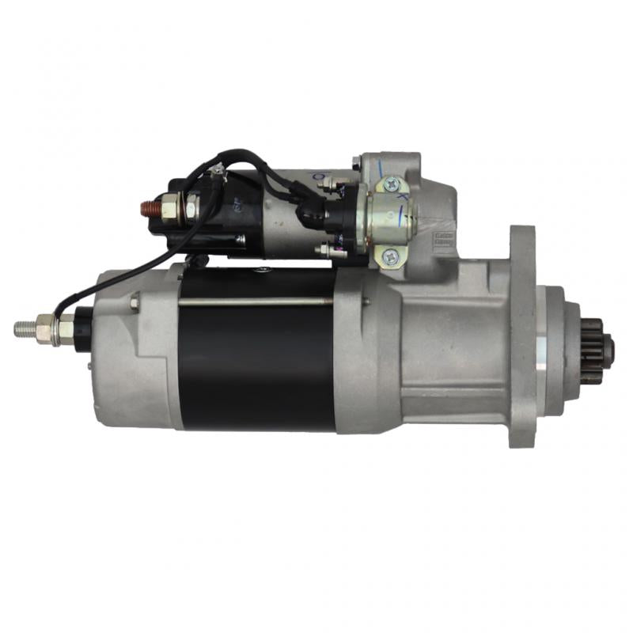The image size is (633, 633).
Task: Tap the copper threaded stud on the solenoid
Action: click(x=148, y=210)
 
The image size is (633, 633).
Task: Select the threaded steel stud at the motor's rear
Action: click(x=25, y=327)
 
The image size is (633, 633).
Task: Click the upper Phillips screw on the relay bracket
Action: click(x=391, y=185)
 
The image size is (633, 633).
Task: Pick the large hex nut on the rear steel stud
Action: click(x=46, y=326)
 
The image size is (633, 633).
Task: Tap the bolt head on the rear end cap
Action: click(x=135, y=301)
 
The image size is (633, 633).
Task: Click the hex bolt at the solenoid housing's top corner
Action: click(x=357, y=163)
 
